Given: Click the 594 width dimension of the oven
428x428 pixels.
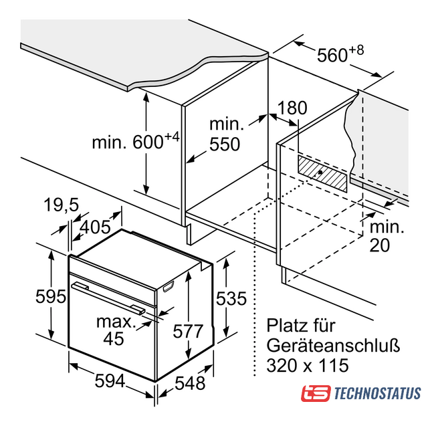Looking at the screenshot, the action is [x=110, y=381].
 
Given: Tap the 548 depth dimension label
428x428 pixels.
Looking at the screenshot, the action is [x=190, y=383].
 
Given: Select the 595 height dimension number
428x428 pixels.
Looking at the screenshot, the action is [x=51, y=296].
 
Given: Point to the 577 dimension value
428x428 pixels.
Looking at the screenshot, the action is [x=188, y=331].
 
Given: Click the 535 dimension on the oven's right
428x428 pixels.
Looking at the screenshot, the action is [x=231, y=298].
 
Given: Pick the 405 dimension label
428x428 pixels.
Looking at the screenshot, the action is [x=95, y=227].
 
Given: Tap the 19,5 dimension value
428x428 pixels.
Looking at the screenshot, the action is [x=62, y=205].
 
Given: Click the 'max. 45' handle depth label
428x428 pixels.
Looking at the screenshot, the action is [x=116, y=330].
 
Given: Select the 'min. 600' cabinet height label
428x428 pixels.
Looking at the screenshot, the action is [x=136, y=141].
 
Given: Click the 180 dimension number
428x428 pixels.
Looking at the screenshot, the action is [x=292, y=108].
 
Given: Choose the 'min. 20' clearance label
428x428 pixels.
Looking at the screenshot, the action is [x=387, y=236].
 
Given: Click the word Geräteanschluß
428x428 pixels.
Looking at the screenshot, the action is [x=333, y=345].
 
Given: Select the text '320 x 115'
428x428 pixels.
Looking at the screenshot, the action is [x=308, y=365].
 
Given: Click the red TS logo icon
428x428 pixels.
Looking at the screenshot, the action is [x=316, y=393].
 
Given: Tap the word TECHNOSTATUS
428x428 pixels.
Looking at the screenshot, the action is [x=377, y=393].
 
